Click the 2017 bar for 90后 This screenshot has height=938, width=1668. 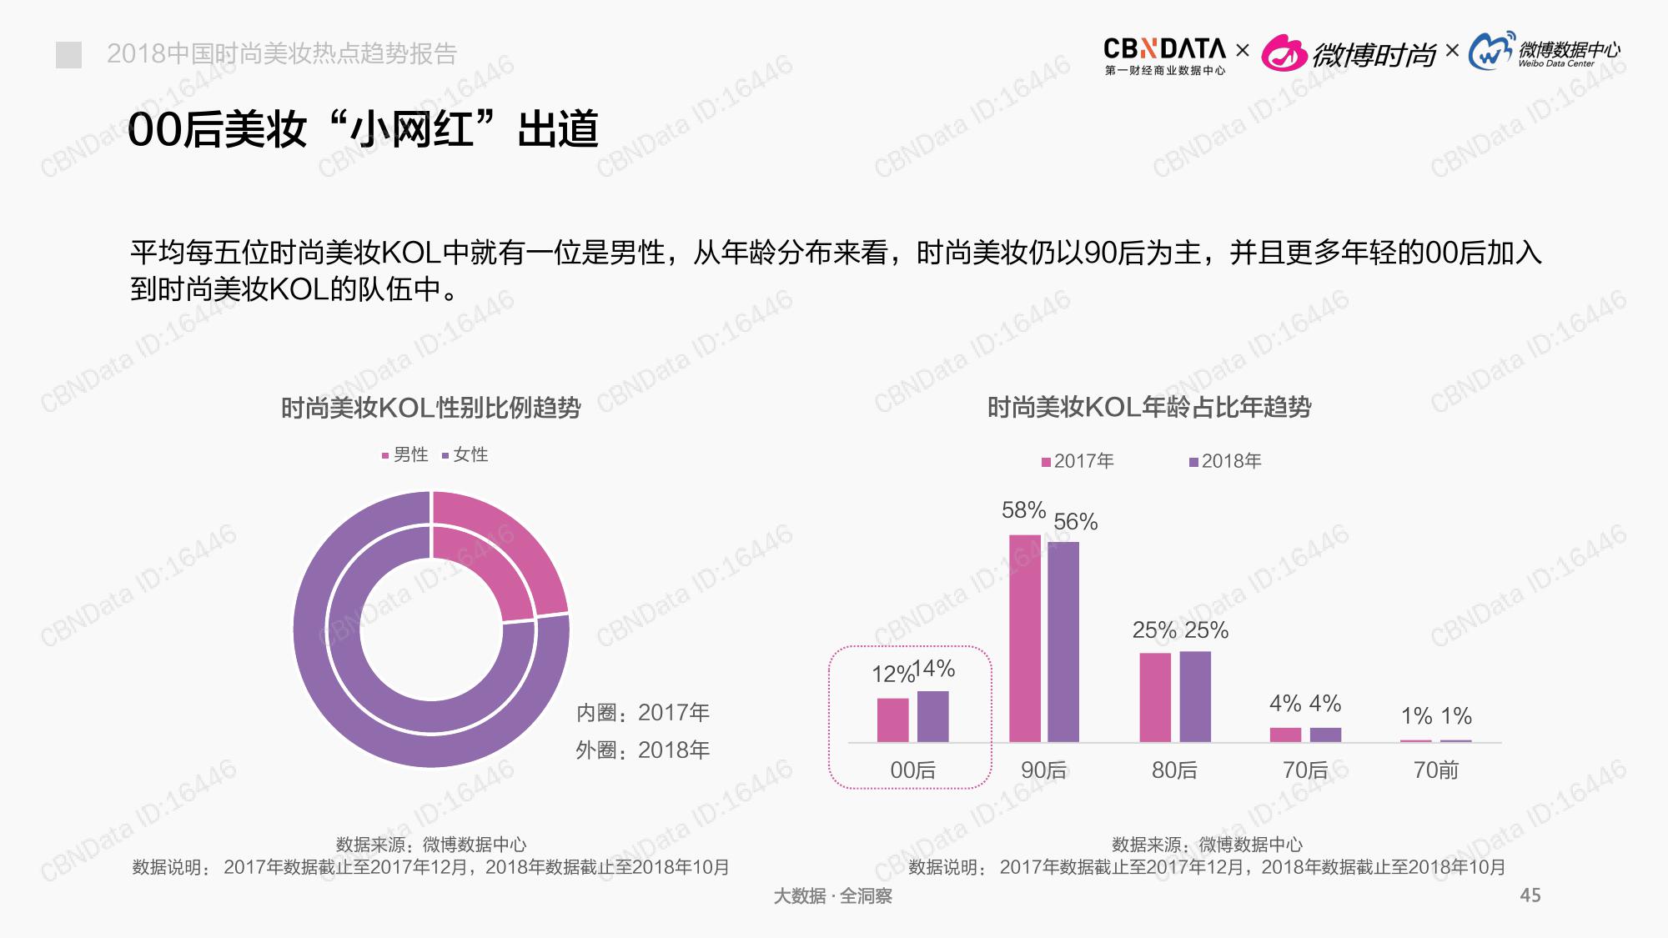pos(1024,638)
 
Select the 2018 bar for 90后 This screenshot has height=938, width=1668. pos(1063,642)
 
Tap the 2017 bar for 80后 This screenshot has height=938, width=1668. pos(1155,697)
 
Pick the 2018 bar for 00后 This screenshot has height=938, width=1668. pos(932,716)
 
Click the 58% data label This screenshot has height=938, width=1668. pos(1023,509)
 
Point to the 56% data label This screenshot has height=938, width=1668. pos(1075,522)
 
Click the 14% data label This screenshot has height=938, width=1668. pos(935,668)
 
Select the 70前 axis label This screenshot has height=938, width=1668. pos(1435,770)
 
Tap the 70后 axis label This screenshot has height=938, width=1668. pos(1305,770)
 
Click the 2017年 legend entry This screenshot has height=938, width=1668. pos(1078,461)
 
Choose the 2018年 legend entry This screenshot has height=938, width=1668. pos(1225,461)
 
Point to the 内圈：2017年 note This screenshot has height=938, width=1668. pos(642,713)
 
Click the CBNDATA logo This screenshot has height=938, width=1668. pos(1164,55)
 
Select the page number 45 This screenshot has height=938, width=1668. pos(1530,895)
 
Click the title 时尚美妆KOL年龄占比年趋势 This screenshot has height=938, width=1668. pos(1148,407)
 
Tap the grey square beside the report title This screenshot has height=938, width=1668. pos(68,55)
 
